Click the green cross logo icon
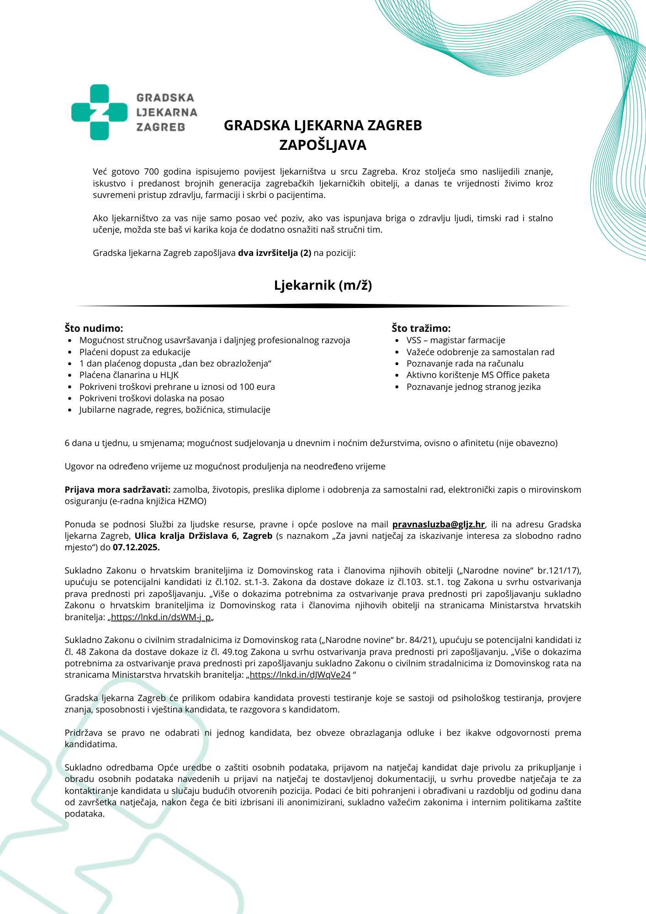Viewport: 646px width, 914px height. (99, 112)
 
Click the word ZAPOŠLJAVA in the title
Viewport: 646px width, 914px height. (323, 145)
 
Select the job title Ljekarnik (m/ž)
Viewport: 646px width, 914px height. (323, 285)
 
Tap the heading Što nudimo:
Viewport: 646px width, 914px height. (94, 328)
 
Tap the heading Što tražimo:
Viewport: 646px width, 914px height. (421, 328)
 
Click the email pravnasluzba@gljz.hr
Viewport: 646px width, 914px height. (438, 524)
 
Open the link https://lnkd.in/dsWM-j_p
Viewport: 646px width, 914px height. (161, 617)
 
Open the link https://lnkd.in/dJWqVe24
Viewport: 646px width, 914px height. (300, 675)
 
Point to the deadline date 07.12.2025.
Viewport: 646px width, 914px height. (136, 547)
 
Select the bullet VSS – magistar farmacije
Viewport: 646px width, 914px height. (455, 340)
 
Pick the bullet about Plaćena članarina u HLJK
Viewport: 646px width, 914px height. (129, 375)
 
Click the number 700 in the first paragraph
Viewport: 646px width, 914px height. (151, 172)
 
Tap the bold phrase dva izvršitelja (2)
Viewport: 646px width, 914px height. (275, 253)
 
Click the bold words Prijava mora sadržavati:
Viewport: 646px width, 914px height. (117, 489)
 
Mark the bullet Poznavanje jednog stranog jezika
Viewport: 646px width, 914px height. (473, 387)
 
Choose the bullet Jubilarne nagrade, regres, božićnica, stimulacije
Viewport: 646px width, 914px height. (175, 409)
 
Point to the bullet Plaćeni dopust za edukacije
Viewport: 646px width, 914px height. (135, 352)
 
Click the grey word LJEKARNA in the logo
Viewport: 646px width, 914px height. (166, 112)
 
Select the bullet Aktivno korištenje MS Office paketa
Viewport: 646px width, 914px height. (478, 375)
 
